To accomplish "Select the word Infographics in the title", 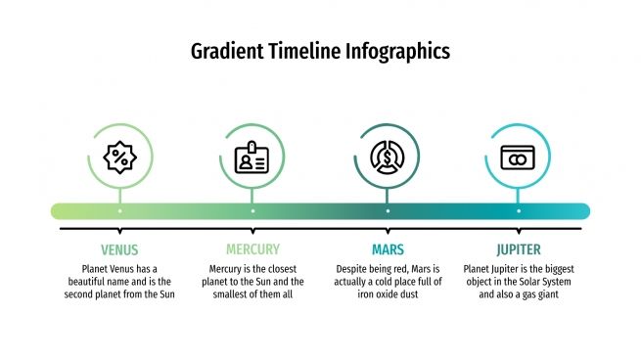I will (398, 51).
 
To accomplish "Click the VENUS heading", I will (119, 249).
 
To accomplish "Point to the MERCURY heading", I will (252, 249).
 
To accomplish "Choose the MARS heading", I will (388, 249).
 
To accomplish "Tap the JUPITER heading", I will (518, 249).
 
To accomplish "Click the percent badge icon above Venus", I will (119, 157).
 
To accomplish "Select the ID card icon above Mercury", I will (252, 157).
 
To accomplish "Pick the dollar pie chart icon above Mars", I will (388, 157).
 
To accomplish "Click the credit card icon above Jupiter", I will (518, 157).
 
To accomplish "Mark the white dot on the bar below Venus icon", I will (119, 210).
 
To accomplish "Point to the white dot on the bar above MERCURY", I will (252, 210).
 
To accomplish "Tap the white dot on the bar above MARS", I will (388, 210).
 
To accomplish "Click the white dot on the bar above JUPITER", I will (518, 210).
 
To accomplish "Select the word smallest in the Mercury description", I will (227, 294).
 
